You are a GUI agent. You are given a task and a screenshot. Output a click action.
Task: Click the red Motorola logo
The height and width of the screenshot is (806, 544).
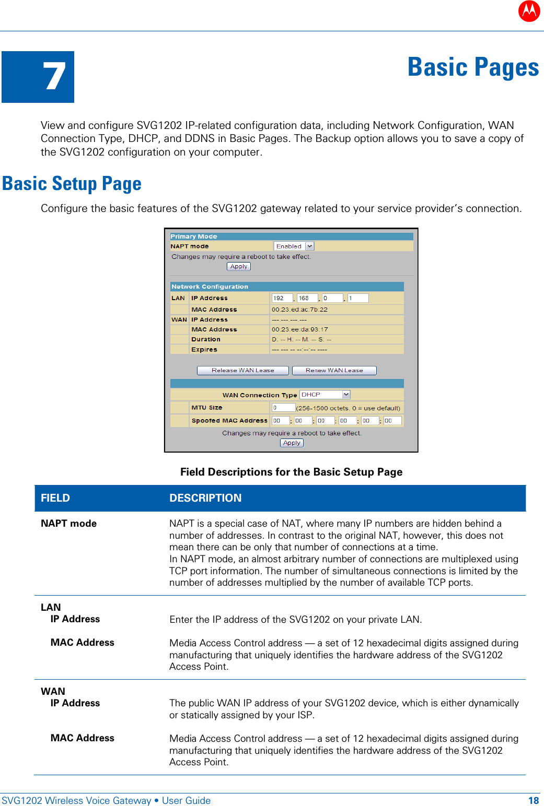click(529, 11)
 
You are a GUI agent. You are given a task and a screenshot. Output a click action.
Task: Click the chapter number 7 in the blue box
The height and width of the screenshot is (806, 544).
click(54, 77)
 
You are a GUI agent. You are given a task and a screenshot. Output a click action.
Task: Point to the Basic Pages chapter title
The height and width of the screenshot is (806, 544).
click(472, 67)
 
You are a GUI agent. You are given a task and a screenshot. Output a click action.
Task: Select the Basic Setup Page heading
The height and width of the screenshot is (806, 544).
click(72, 184)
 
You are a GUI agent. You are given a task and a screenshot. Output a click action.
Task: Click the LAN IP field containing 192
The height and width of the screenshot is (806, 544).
click(282, 298)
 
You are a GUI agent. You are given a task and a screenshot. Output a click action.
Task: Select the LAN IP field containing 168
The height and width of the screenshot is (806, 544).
click(307, 298)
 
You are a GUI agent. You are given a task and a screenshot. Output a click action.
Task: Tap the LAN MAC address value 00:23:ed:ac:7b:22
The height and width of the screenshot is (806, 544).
click(299, 310)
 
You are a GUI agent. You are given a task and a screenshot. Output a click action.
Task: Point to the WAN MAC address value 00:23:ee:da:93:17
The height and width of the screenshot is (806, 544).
click(299, 329)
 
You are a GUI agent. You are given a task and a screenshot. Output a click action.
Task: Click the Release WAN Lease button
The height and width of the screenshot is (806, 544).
click(242, 371)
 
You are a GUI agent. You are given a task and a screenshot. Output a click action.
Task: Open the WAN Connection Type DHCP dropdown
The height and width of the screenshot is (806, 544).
click(325, 395)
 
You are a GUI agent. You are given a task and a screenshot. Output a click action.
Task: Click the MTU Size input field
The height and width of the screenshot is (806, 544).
click(283, 408)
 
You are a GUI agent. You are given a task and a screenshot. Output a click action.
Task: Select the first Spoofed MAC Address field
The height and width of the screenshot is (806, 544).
click(281, 421)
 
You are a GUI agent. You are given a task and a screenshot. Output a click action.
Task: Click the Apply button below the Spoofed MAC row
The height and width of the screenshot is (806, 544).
click(292, 443)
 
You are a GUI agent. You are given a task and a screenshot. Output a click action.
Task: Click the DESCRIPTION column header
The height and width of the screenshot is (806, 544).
click(205, 498)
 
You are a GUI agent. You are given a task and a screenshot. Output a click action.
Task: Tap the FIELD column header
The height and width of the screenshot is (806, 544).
click(55, 498)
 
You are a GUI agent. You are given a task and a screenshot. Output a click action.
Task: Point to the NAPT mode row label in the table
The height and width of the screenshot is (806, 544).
click(69, 524)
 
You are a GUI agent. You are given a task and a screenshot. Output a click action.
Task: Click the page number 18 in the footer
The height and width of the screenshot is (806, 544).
click(533, 801)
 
